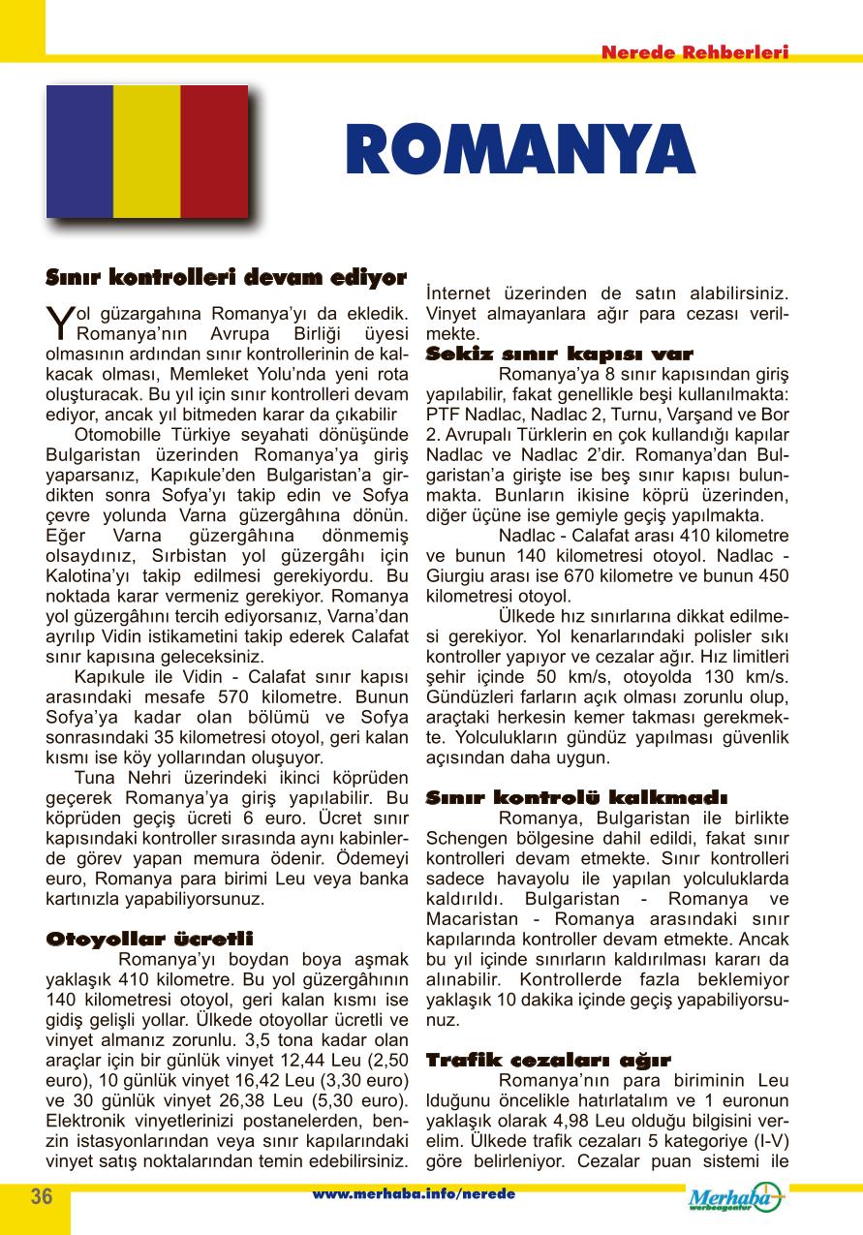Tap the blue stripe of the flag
pyautogui.click(x=79, y=151)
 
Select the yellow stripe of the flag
pyautogui.click(x=147, y=151)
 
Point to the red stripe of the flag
pyautogui.click(x=214, y=151)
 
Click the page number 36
pyautogui.click(x=41, y=1195)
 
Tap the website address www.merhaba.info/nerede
pyautogui.click(x=414, y=1194)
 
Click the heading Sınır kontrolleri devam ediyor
pyautogui.click(x=227, y=278)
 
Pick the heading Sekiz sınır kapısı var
pyautogui.click(x=560, y=354)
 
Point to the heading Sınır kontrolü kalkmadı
pyautogui.click(x=576, y=797)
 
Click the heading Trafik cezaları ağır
pyautogui.click(x=548, y=1060)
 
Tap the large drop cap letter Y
pyautogui.click(x=59, y=322)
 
